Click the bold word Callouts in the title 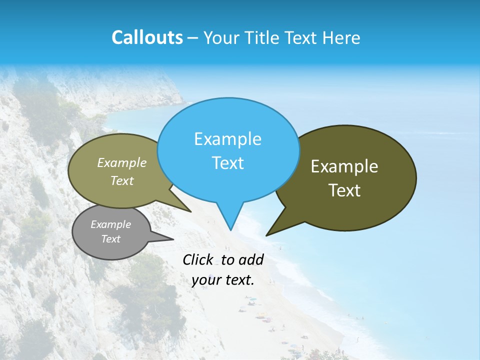tap(147, 37)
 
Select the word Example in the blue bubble tap(227, 139)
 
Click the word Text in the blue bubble tap(227, 163)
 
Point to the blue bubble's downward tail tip tap(230, 229)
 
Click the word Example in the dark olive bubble tap(344, 166)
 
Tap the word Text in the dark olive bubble tap(344, 190)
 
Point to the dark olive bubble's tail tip tap(266, 235)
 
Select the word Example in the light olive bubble tap(122, 162)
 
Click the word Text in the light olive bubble tap(122, 180)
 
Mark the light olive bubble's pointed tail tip tap(190, 211)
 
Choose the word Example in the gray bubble tap(110, 224)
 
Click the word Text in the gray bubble tap(110, 239)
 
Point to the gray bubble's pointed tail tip tap(173, 239)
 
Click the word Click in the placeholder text tap(197, 259)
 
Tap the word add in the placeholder tap(251, 259)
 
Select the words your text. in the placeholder tap(223, 280)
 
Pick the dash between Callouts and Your tap(192, 37)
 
